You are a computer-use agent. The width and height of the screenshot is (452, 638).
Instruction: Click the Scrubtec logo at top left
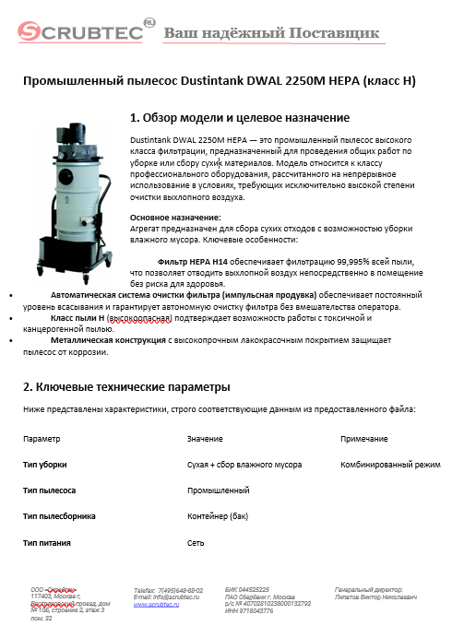[81, 33]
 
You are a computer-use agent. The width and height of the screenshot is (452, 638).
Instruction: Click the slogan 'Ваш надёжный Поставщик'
[271, 34]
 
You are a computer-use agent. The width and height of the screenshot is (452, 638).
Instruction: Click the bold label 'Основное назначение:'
[175, 216]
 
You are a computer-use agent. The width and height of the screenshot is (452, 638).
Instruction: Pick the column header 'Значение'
[204, 439]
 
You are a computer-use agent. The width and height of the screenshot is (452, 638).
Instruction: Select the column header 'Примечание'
[363, 439]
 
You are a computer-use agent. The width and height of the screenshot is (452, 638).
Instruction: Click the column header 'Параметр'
[42, 439]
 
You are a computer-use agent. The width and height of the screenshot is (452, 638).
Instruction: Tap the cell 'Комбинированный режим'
[390, 465]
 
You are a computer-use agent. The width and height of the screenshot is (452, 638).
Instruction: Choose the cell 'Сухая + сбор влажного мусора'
[244, 465]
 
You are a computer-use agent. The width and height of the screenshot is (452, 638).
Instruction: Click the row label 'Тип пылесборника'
[59, 516]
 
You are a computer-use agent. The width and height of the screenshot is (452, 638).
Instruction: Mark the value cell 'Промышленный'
[218, 490]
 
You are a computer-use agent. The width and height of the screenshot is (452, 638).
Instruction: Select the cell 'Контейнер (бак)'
[218, 516]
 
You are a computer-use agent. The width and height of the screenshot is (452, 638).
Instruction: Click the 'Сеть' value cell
[196, 543]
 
